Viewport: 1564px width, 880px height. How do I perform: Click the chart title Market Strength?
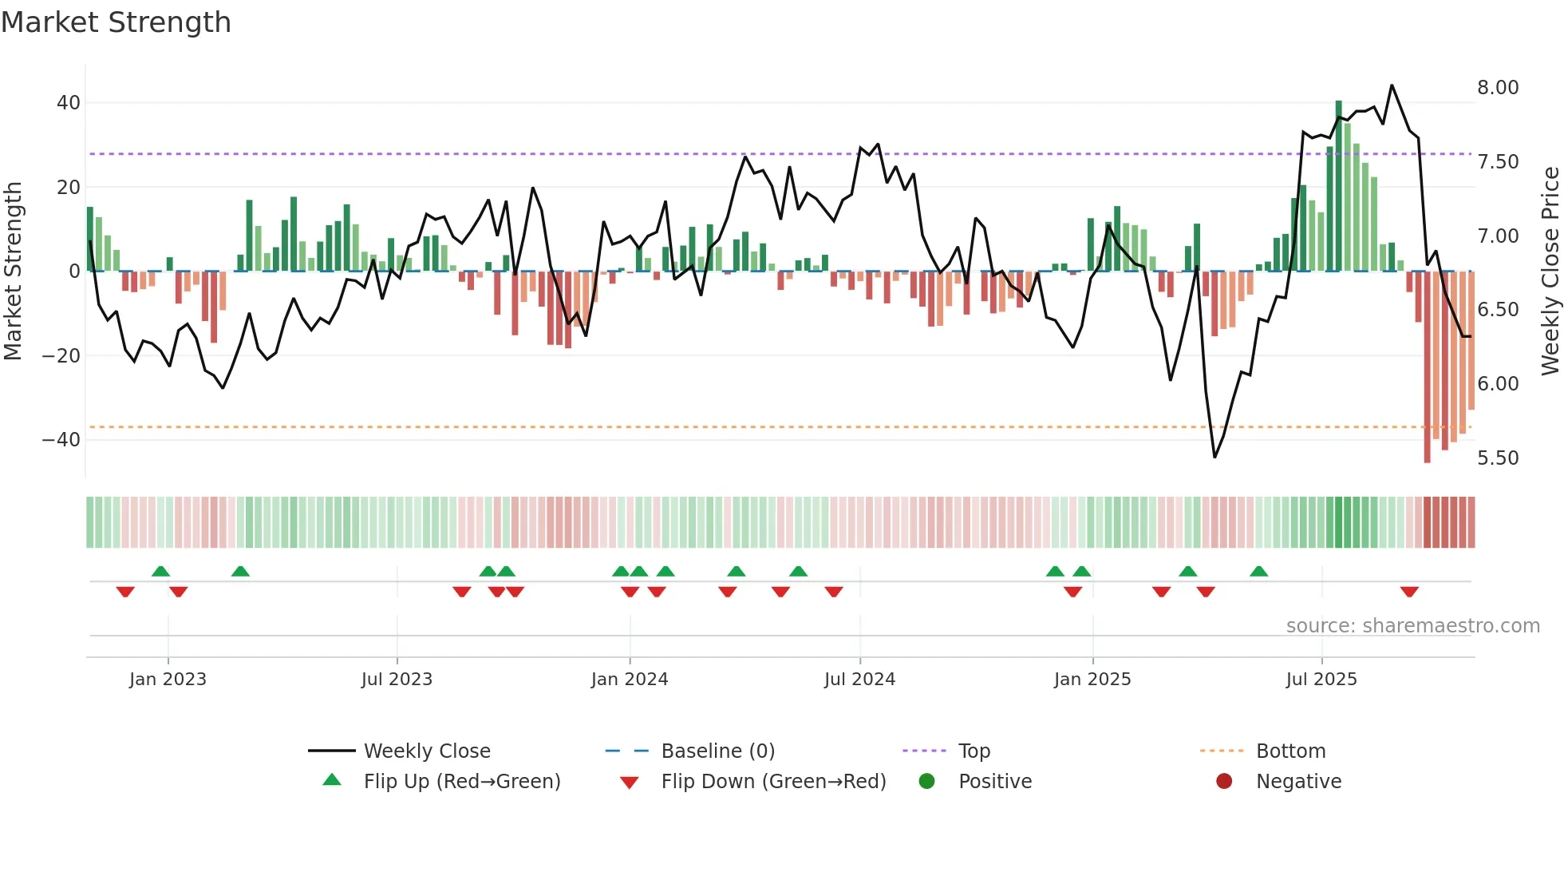click(x=116, y=22)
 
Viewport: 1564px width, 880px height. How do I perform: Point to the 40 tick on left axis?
click(x=69, y=103)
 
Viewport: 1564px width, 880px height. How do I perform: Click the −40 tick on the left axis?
click(x=61, y=440)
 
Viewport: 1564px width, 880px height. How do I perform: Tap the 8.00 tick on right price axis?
click(x=1498, y=88)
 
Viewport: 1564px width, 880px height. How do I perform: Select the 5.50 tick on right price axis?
click(x=1498, y=458)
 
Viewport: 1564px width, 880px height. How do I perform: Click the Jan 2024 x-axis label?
click(x=630, y=680)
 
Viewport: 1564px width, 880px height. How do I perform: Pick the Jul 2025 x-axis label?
click(x=1321, y=680)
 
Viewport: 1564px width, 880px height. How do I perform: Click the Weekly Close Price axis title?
click(x=1550, y=272)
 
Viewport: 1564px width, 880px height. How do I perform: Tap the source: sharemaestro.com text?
click(x=1412, y=626)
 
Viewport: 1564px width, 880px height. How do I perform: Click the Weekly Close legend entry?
click(x=427, y=751)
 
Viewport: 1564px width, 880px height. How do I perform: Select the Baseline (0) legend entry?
click(x=717, y=751)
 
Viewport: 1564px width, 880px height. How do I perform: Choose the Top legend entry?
click(x=974, y=751)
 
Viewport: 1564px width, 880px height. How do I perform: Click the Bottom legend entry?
click(x=1290, y=751)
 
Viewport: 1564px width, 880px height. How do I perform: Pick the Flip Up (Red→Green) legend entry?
click(x=462, y=782)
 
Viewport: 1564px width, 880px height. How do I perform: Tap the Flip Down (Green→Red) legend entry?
click(x=773, y=782)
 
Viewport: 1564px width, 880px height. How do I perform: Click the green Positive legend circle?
click(x=926, y=781)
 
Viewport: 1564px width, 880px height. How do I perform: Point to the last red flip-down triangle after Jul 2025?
click(x=1409, y=592)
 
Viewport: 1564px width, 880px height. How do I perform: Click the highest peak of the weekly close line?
click(x=1392, y=85)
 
